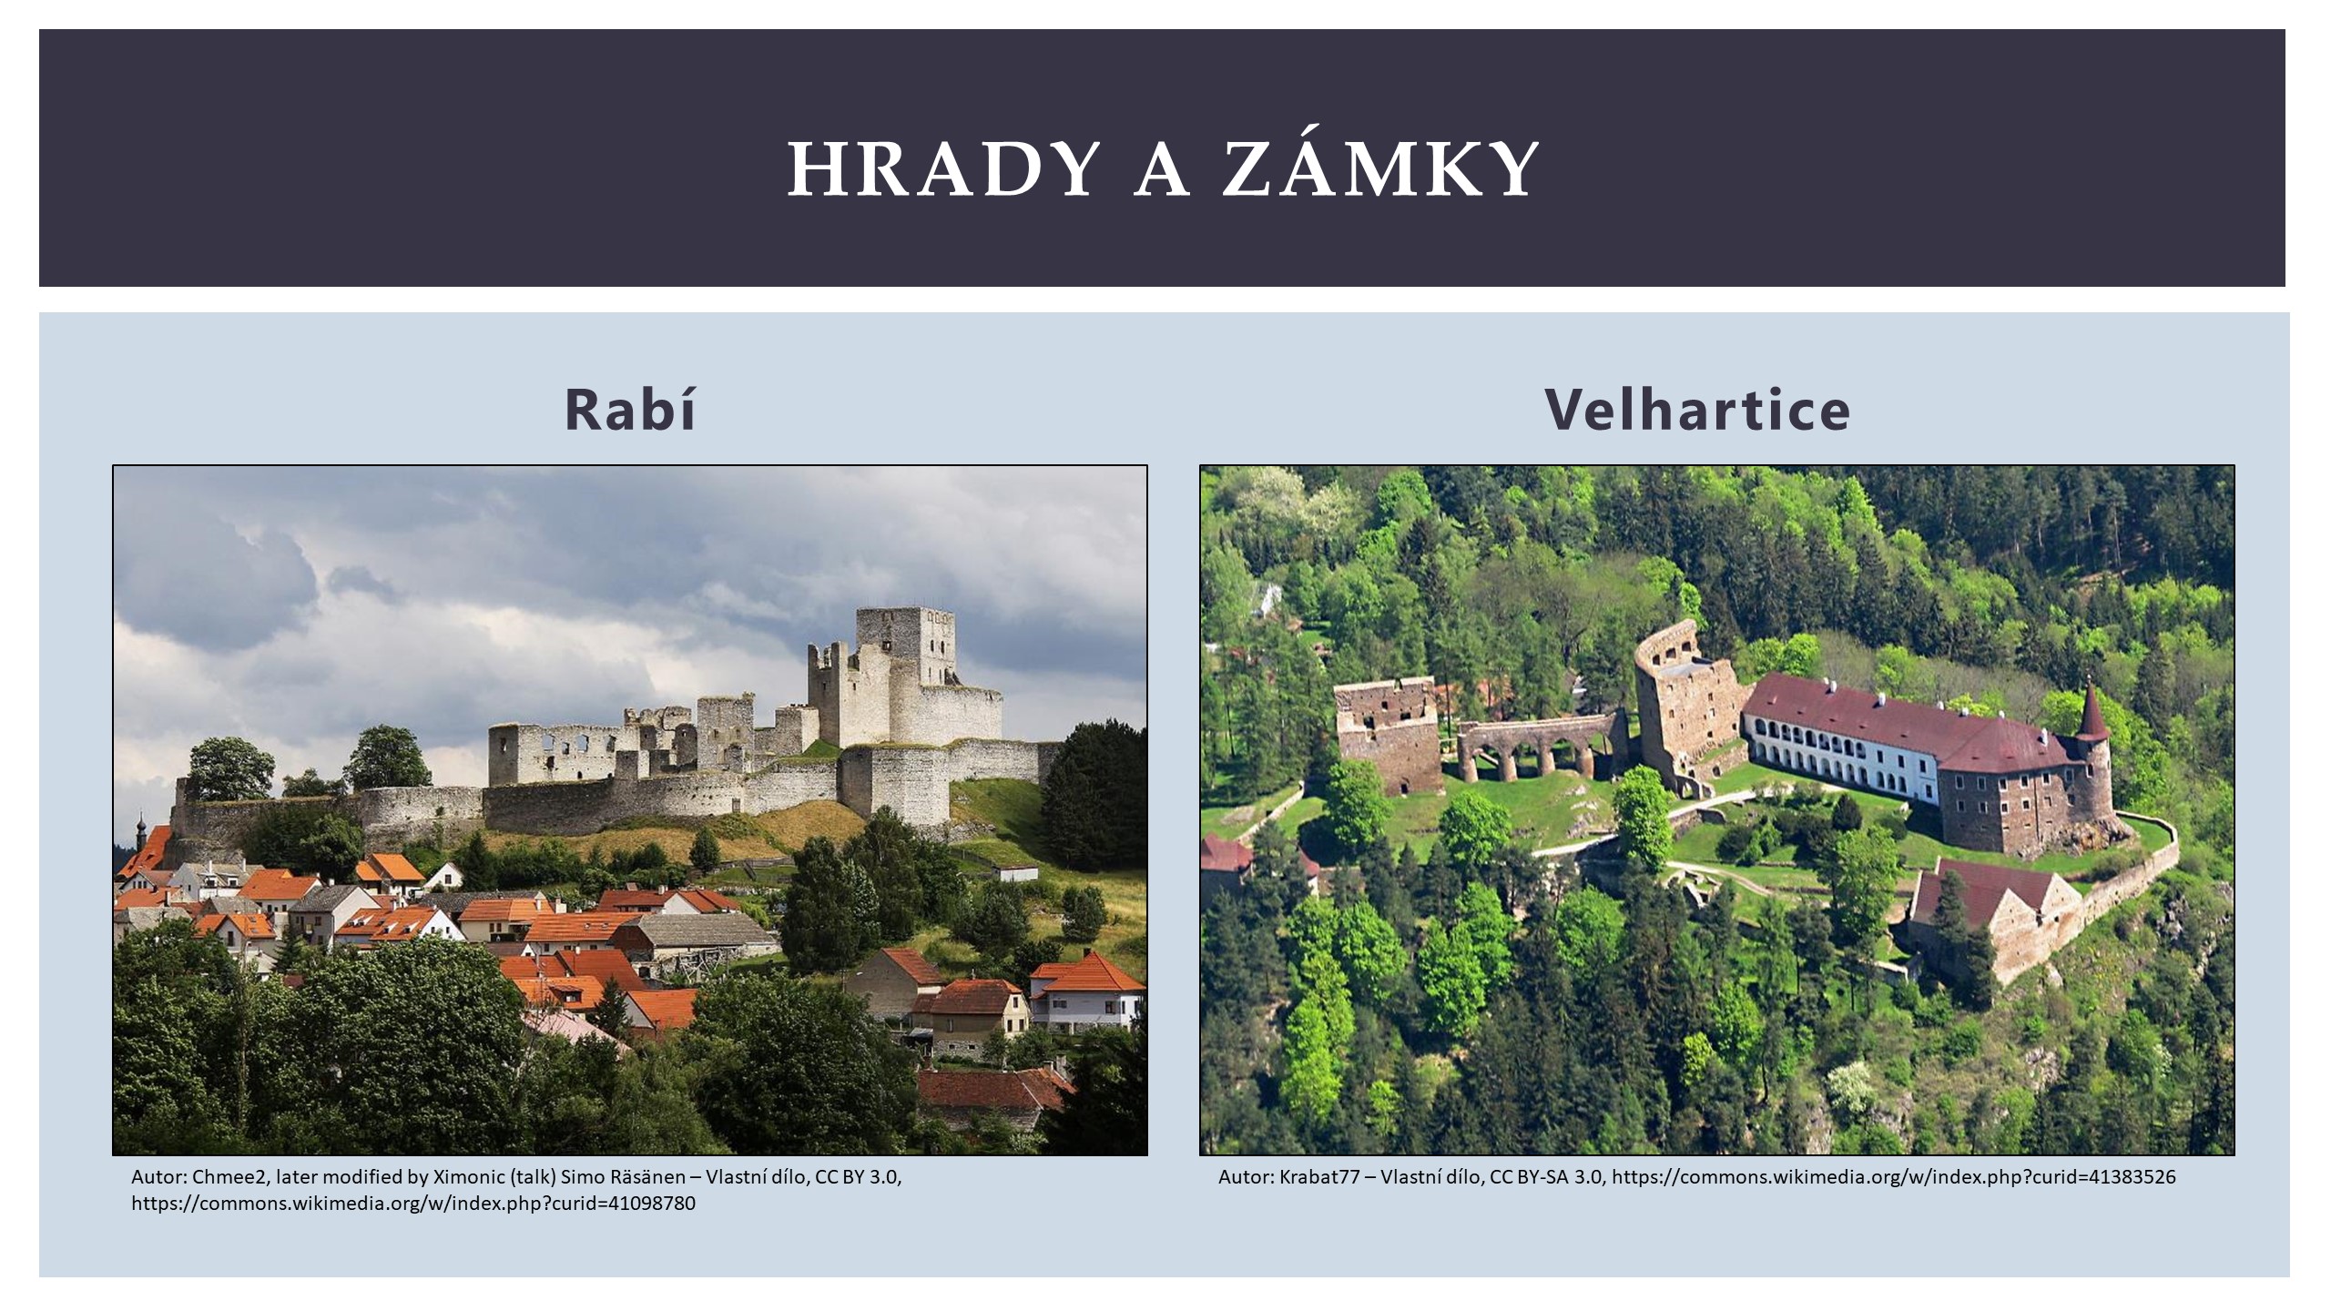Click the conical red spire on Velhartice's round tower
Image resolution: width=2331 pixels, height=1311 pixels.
tap(2092, 711)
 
